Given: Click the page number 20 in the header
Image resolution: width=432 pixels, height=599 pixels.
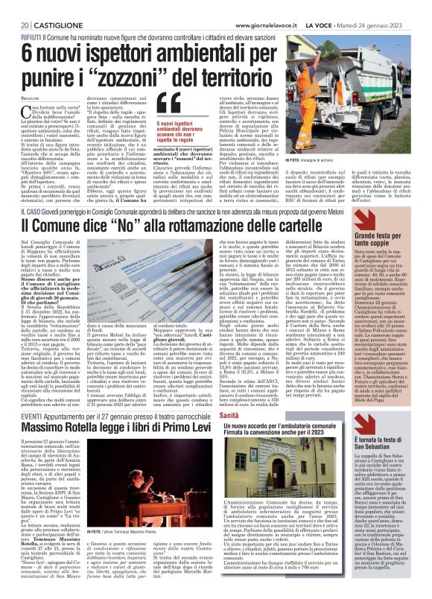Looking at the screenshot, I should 16,5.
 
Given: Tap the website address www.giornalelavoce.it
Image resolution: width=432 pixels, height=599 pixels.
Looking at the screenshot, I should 289,5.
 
